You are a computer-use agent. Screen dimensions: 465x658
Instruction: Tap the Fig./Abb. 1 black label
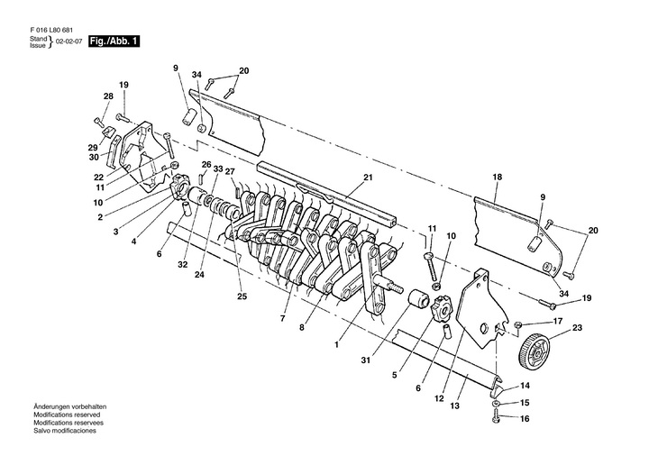pos(113,42)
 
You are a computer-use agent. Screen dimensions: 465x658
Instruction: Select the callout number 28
pos(108,96)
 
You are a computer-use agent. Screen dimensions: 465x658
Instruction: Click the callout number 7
pos(282,318)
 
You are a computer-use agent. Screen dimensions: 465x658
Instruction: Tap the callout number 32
pos(183,264)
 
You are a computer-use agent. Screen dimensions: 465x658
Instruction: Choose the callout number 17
pos(558,322)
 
